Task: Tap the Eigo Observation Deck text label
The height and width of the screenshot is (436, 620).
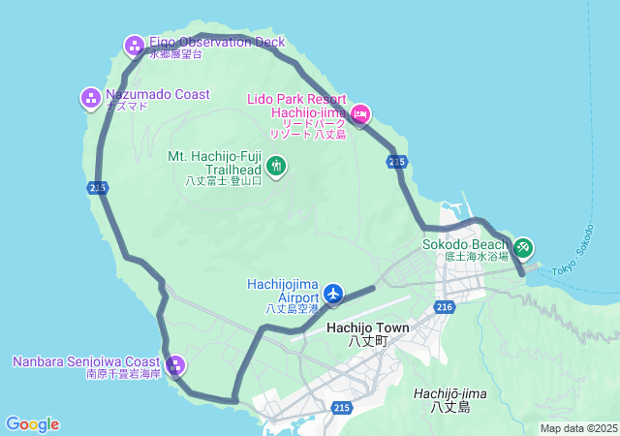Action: click(x=217, y=42)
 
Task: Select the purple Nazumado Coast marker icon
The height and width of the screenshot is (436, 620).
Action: click(x=90, y=97)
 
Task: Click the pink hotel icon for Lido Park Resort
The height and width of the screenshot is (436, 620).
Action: click(x=359, y=115)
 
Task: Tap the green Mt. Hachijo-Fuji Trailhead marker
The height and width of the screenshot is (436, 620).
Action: click(x=276, y=168)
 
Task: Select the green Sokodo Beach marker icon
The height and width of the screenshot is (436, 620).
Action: click(x=523, y=248)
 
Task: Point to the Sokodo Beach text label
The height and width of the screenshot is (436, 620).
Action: click(x=465, y=244)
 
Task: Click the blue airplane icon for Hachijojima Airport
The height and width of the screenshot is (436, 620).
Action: click(x=333, y=292)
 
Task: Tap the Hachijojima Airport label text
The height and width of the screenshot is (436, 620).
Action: click(x=284, y=290)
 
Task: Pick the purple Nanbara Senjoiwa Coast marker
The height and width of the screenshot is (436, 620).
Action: click(x=175, y=365)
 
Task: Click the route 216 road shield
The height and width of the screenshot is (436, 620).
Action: click(x=445, y=307)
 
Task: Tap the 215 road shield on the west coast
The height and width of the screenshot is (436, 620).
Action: click(x=97, y=188)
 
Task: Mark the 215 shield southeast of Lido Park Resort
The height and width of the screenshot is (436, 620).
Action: click(x=395, y=162)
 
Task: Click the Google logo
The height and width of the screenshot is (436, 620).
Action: click(x=32, y=424)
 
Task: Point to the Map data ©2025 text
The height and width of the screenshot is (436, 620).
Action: click(x=578, y=428)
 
